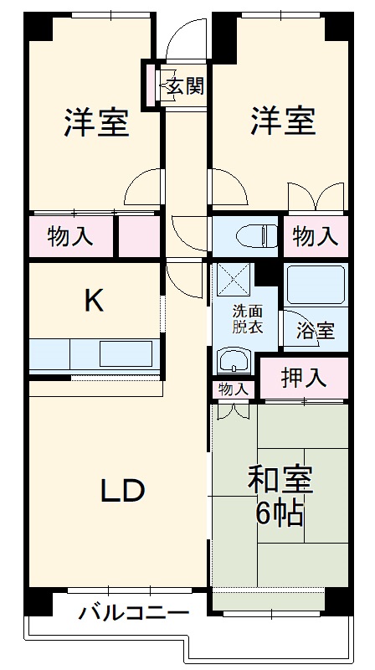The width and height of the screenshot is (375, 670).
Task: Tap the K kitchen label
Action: (x=94, y=300)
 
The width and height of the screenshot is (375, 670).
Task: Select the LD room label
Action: (x=124, y=491)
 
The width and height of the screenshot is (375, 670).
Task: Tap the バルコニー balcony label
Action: (x=134, y=613)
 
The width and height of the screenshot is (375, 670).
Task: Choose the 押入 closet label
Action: (x=303, y=378)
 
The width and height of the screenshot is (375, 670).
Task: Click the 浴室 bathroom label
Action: (x=315, y=330)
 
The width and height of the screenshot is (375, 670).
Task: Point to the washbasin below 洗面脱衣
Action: (x=234, y=362)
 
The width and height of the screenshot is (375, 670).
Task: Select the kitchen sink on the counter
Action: (x=126, y=353)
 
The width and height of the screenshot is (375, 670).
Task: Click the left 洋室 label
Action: (x=96, y=123)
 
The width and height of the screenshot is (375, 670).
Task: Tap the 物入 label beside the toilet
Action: (x=316, y=236)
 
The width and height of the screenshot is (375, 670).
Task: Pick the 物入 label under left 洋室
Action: (x=70, y=236)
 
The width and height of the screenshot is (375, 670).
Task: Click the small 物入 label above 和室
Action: (x=234, y=389)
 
